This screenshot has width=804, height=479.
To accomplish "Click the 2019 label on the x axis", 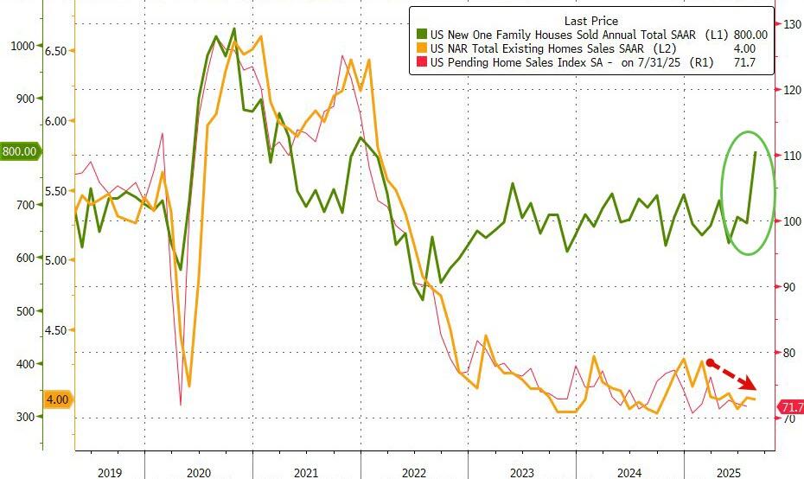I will pos(110,472).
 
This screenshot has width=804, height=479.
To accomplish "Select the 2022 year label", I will pos(413,472).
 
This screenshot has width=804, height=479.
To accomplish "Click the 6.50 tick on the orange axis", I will pos(55,52).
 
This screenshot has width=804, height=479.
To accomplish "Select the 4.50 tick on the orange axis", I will pos(55,329).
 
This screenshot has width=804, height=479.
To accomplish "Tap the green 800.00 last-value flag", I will pos(19,151).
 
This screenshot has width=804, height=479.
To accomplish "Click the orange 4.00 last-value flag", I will pos(58,399).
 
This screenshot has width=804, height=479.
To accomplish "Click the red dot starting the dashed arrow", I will pos(710,363).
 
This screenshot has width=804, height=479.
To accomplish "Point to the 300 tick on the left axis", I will pos(26,418).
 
